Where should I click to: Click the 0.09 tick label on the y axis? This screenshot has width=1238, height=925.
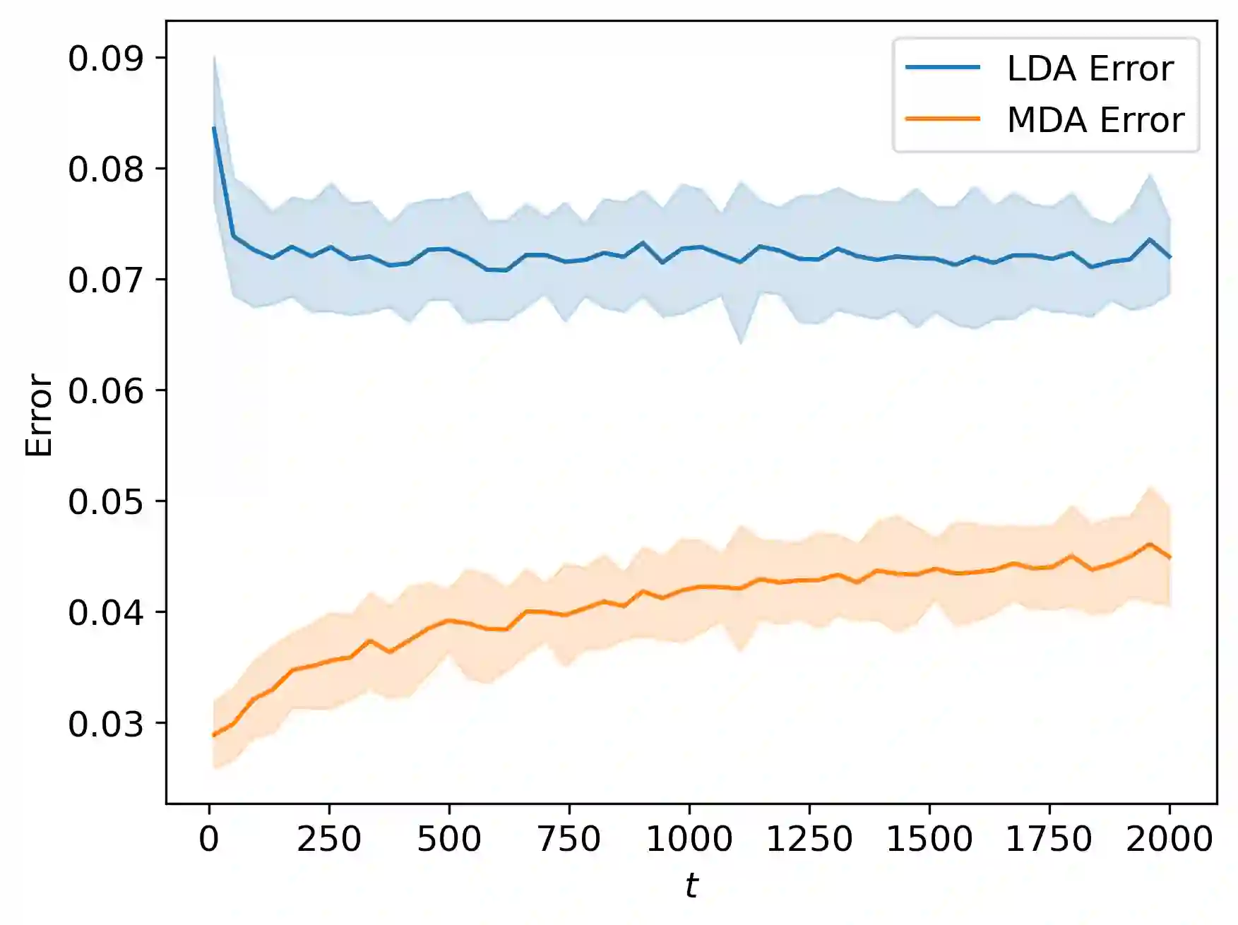click(105, 59)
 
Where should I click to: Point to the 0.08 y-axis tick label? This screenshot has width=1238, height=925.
click(105, 169)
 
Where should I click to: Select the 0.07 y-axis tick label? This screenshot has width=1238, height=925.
click(105, 280)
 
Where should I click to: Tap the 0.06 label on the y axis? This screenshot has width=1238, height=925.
click(105, 390)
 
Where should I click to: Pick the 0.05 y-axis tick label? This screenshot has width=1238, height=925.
click(105, 501)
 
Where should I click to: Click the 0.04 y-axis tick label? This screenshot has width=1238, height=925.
click(105, 612)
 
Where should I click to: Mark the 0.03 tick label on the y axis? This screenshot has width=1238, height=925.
click(105, 724)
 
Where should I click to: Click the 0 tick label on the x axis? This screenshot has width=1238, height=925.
click(209, 839)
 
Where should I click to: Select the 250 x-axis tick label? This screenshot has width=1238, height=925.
click(329, 839)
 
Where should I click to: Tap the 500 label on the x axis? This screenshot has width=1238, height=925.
click(449, 839)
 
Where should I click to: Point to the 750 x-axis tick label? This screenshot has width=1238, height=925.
click(569, 839)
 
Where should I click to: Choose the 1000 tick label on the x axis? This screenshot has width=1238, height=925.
click(689, 839)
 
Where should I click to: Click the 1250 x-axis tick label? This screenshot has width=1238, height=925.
click(809, 839)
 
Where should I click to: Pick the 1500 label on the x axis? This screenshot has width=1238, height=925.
click(929, 839)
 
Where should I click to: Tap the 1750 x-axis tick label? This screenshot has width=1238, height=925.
click(1049, 839)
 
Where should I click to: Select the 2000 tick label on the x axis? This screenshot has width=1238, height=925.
click(1169, 839)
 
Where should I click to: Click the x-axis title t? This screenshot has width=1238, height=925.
click(691, 885)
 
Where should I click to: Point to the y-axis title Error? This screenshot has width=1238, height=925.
click(39, 415)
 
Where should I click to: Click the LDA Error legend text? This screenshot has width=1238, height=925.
click(1090, 68)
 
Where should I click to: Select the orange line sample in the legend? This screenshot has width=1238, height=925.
click(943, 119)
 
